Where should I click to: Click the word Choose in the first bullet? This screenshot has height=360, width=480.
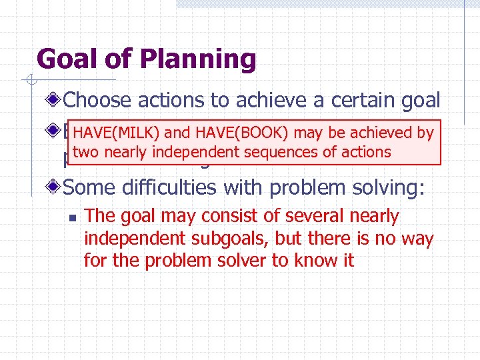click(x=99, y=101)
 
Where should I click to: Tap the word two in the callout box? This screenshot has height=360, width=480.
click(x=86, y=152)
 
